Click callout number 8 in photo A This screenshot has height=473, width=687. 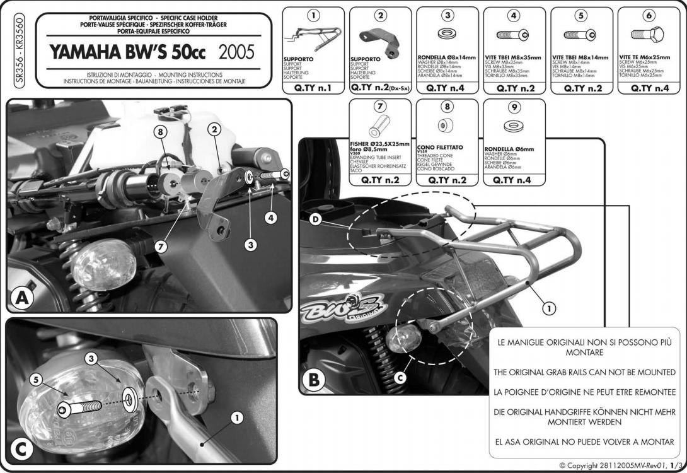pyautogui.click(x=161, y=132)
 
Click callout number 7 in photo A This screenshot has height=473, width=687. pyautogui.click(x=162, y=247)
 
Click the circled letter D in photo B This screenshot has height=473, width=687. pyautogui.click(x=315, y=219)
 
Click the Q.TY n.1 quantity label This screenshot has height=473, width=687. pyautogui.click(x=313, y=88)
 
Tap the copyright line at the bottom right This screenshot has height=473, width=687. pyautogui.click(x=621, y=465)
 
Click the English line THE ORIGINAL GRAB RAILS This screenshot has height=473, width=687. pyautogui.click(x=584, y=372)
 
